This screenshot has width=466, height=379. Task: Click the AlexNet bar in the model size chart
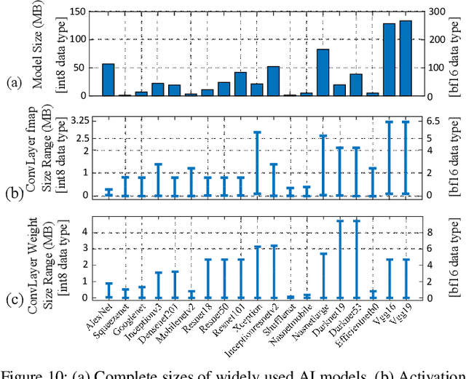(x=108, y=80)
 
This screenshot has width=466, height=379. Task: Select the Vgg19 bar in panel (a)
(x=406, y=58)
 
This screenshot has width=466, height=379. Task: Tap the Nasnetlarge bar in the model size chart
(x=323, y=73)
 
